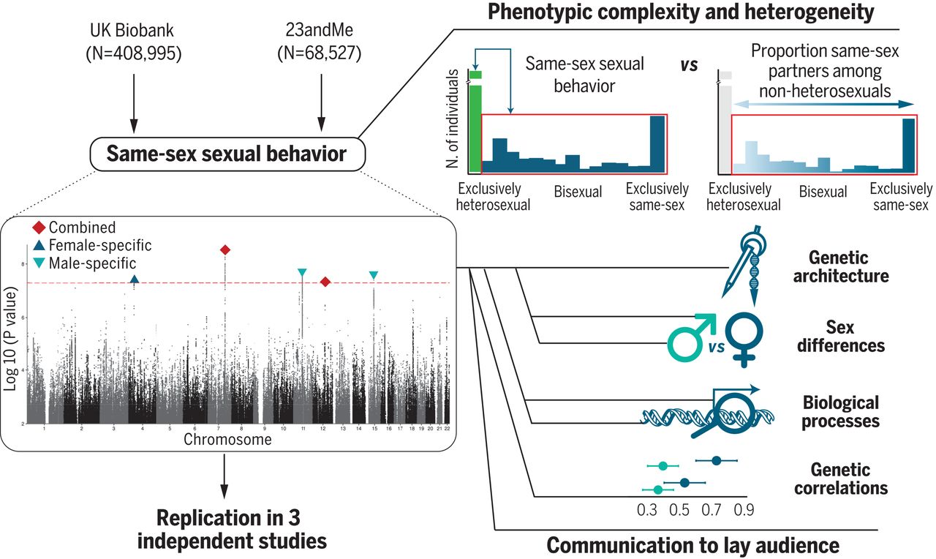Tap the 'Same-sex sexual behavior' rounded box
pos(225,154)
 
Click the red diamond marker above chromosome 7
pos(225,250)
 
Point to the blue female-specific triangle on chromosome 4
pos(134,279)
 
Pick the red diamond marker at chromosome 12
pos(325,282)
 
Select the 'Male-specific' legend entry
pos(84,262)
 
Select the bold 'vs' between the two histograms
pos(688,64)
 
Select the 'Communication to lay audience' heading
pos(693,545)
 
